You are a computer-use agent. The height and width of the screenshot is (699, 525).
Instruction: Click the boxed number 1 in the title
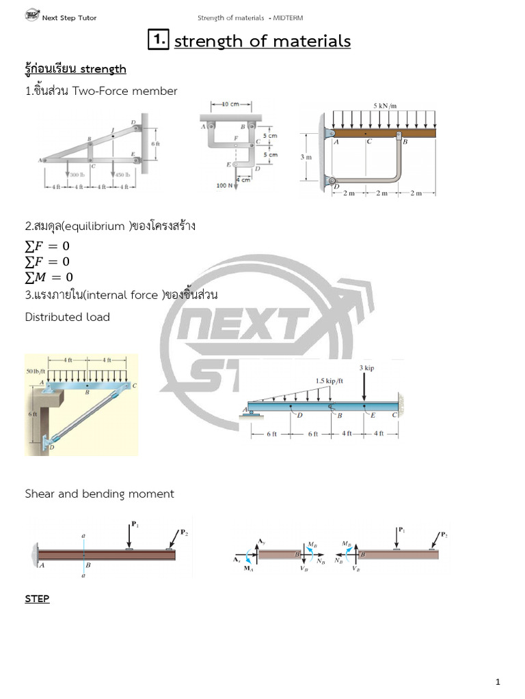point(159,41)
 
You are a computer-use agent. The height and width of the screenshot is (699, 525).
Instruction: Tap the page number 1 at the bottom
point(498,682)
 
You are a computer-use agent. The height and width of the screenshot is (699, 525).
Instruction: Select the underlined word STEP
point(37,599)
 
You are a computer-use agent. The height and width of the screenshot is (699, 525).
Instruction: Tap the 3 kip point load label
point(366,368)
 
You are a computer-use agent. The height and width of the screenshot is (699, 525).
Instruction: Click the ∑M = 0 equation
point(48,277)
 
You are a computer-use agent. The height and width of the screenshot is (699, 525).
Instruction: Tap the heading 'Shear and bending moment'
point(99,494)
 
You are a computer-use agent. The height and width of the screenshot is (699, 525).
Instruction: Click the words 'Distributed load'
point(67,317)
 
